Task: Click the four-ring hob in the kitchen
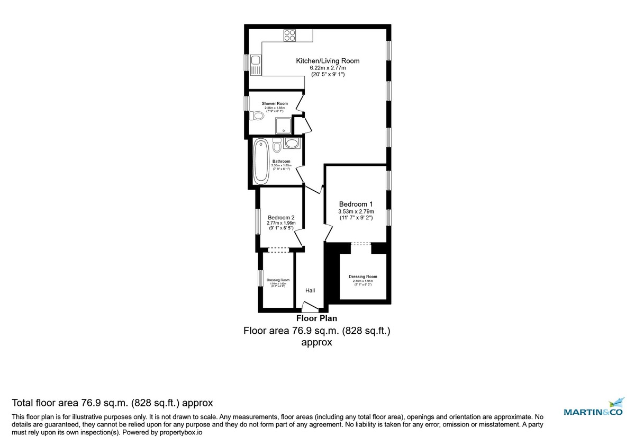coord(289,35)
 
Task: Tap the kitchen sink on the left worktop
coord(255,64)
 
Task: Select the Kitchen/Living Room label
coord(328,61)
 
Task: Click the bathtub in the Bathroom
coord(260,162)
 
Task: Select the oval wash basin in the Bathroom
coord(292,143)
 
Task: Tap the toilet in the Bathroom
coord(277,145)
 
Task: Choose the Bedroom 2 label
coord(281,218)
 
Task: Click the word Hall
coord(310,290)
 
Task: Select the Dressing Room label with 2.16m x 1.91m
coord(363,277)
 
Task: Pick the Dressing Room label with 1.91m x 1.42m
coord(278,280)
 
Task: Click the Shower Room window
coord(247,103)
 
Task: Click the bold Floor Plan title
coord(316,318)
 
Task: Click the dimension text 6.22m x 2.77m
coord(328,68)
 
